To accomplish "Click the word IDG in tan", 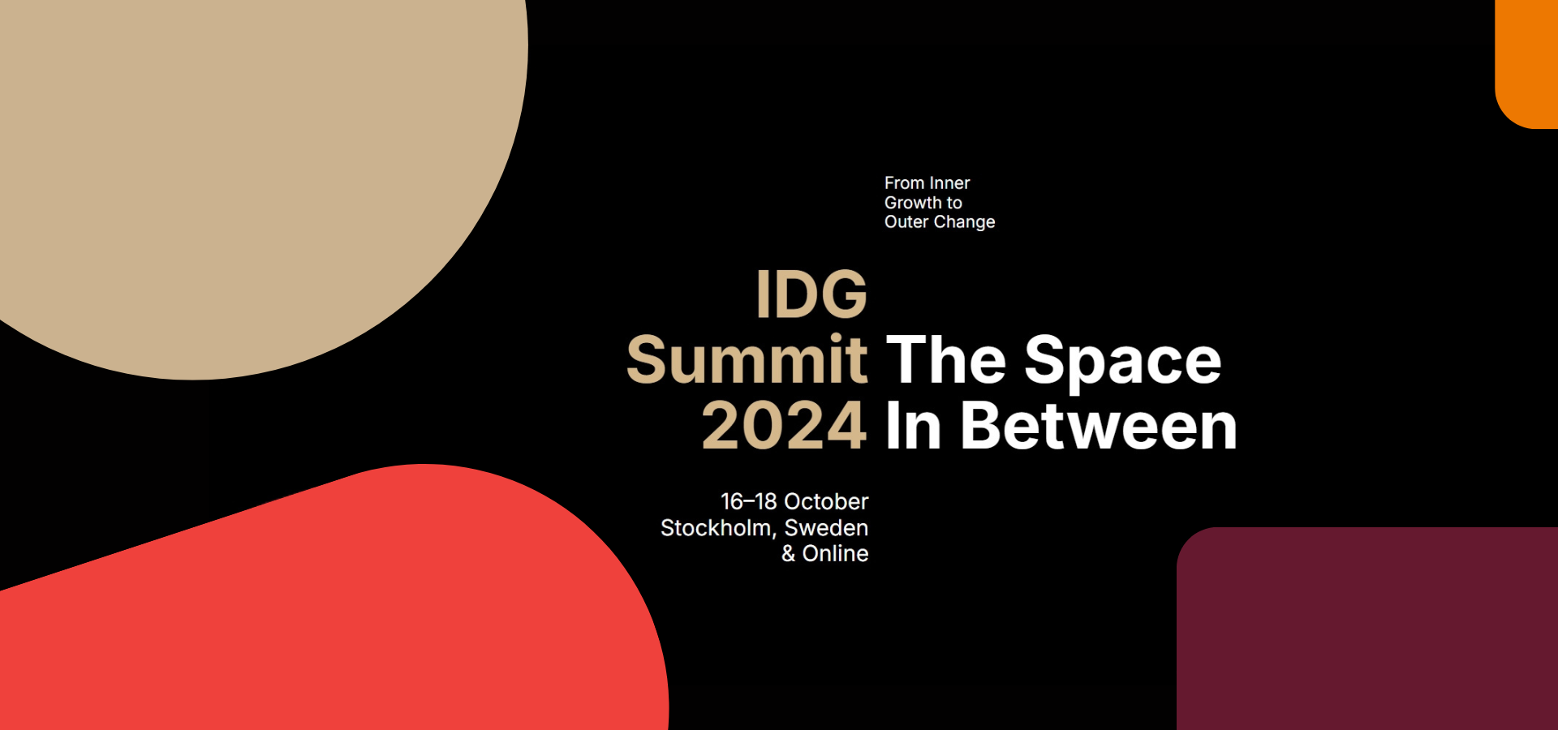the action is (x=811, y=294).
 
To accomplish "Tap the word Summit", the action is (x=747, y=359).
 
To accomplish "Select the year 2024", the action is (x=785, y=426).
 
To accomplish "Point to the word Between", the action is (x=1099, y=426).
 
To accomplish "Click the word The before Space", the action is (x=946, y=359).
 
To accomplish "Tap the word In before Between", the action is (x=914, y=426).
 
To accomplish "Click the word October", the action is (x=826, y=501).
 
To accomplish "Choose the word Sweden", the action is (x=826, y=528).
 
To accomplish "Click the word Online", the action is (x=836, y=553).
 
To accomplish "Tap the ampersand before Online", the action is (x=788, y=553).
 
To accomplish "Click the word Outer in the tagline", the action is (x=906, y=222).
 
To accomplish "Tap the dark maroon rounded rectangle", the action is (x=1367, y=629).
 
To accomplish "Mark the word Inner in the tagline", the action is (x=950, y=183).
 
